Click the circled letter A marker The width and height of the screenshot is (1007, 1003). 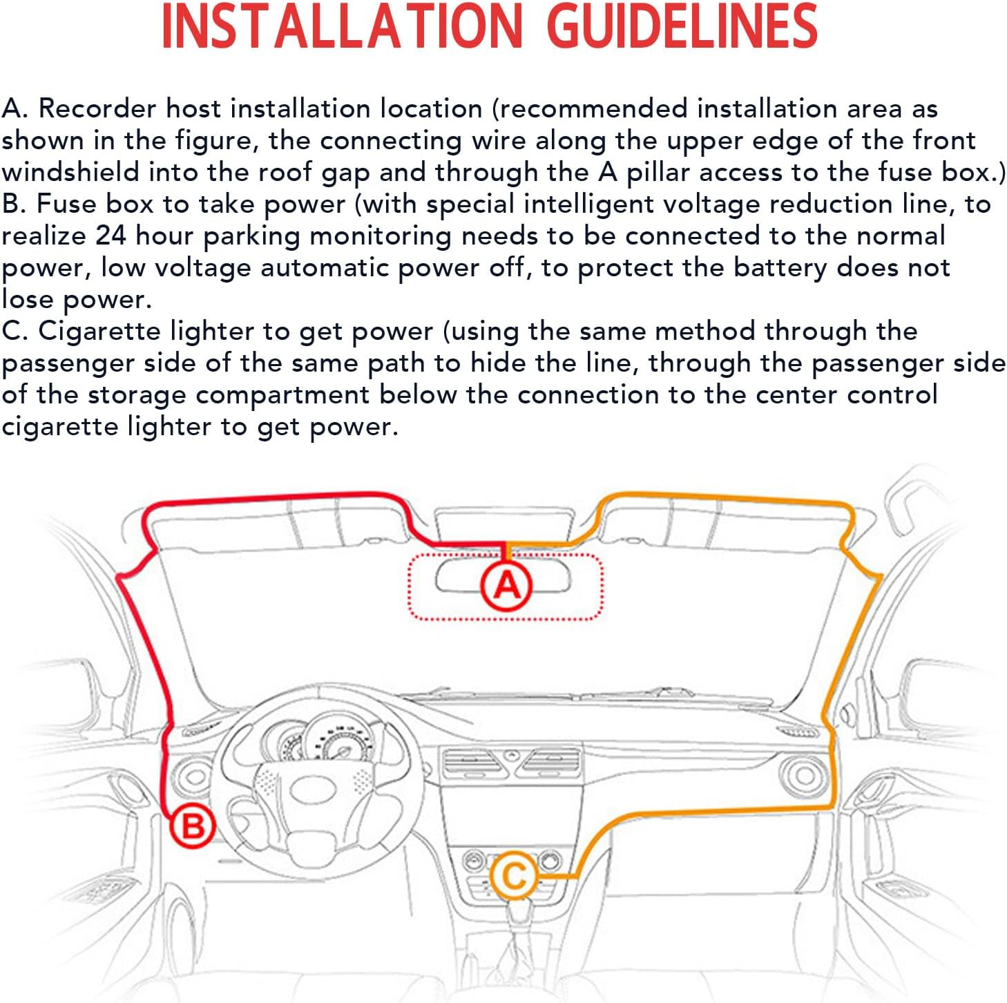[506, 585]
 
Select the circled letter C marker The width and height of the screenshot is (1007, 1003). [515, 875]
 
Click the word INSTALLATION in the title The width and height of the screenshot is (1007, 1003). [343, 26]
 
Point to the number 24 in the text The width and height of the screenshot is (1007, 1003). [111, 236]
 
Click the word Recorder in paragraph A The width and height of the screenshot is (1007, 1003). [97, 108]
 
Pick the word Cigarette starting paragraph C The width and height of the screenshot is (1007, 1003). [99, 332]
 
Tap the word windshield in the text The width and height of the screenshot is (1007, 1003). [70, 172]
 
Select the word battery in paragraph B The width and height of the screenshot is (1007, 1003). [780, 268]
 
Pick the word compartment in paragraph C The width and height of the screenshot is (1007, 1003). [282, 396]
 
